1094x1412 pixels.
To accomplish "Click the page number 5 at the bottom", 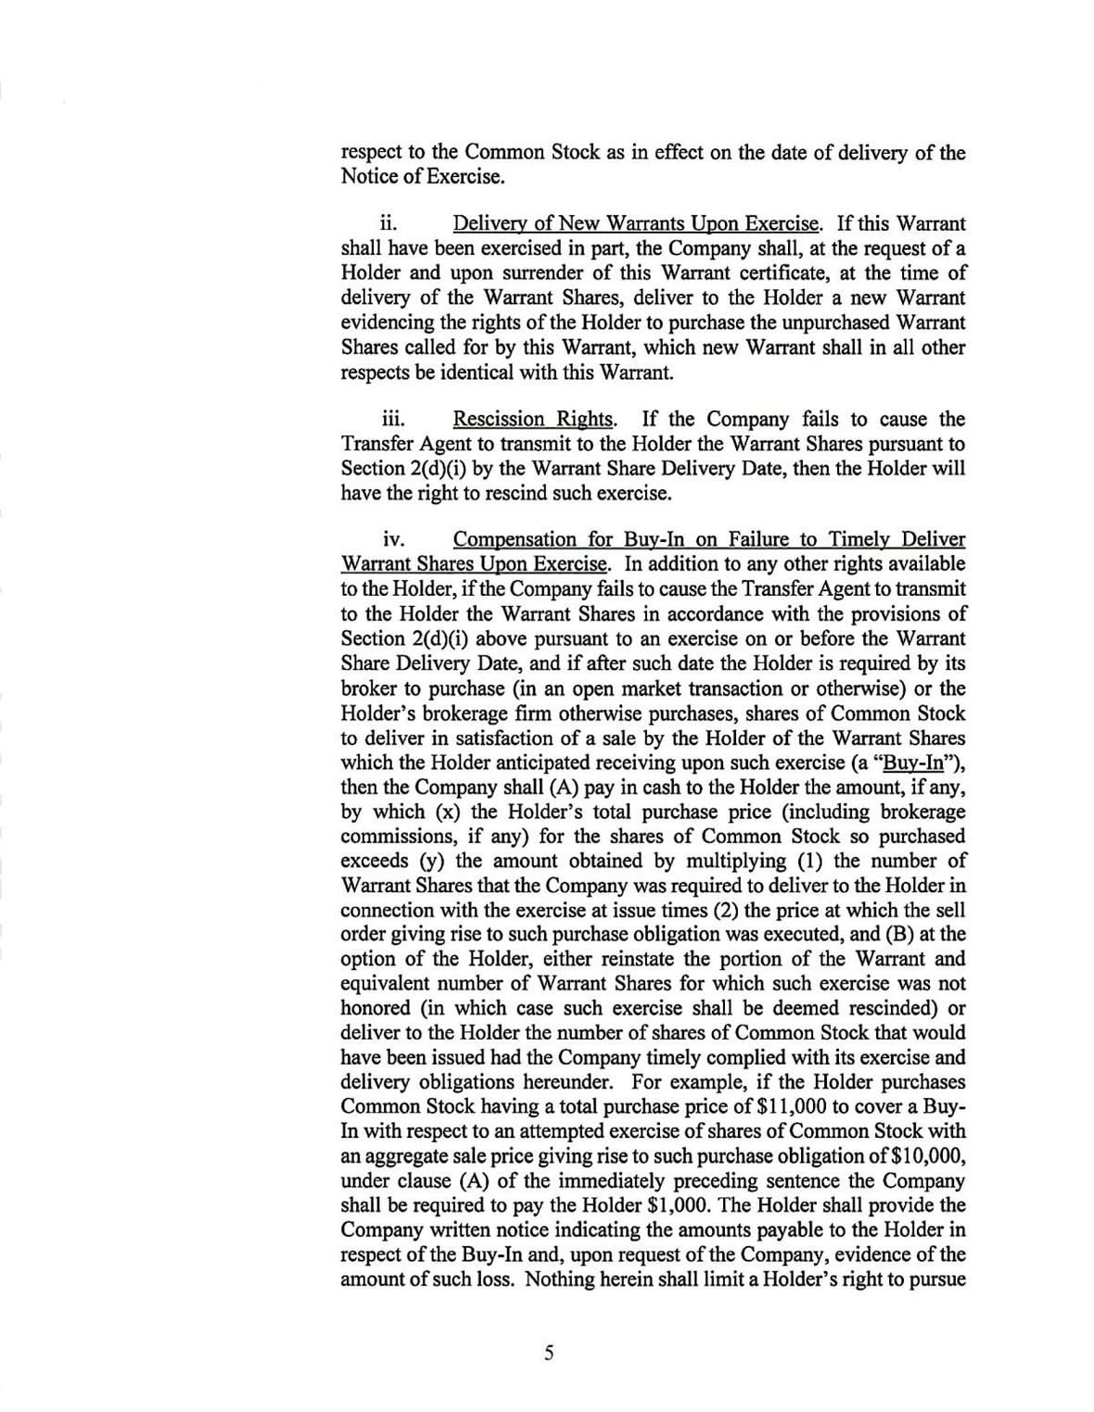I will (x=548, y=1354).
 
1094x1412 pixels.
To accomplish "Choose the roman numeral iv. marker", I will (x=392, y=539).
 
